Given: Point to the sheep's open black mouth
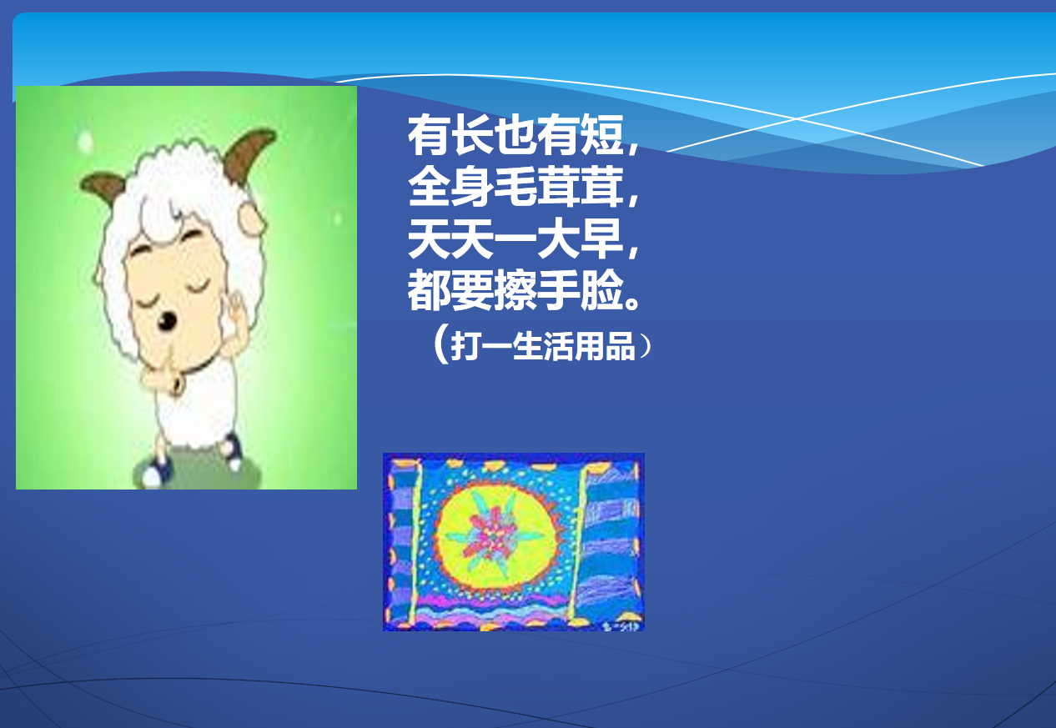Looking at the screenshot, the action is pyautogui.click(x=167, y=321).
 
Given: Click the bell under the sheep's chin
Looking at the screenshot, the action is pyautogui.click(x=179, y=385).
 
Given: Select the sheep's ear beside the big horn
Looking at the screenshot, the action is pyautogui.click(x=251, y=220).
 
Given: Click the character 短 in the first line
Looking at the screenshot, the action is pyautogui.click(x=602, y=135).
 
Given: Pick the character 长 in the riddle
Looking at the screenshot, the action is pyautogui.click(x=472, y=135).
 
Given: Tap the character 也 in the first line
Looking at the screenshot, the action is pyautogui.click(x=515, y=135).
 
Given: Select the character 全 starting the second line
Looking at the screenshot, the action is pyautogui.click(x=429, y=187).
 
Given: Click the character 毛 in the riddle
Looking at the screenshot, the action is pyautogui.click(x=515, y=187).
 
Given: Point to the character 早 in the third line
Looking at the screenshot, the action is pyautogui.click(x=602, y=238).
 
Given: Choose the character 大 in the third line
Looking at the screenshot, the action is pyautogui.click(x=559, y=238).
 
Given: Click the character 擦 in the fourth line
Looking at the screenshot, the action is pyautogui.click(x=515, y=290).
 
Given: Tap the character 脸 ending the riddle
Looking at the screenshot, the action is pyautogui.click(x=602, y=290).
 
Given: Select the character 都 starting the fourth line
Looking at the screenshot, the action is pyautogui.click(x=429, y=290).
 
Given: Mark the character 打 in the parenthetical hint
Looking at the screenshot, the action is pyautogui.click(x=465, y=346).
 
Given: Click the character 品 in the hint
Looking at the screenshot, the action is pyautogui.click(x=621, y=346).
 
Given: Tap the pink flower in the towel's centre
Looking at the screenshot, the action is pyautogui.click(x=490, y=536).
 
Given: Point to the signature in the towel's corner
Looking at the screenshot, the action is pyautogui.click(x=621, y=626).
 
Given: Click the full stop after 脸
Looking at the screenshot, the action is pyautogui.click(x=631, y=303).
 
